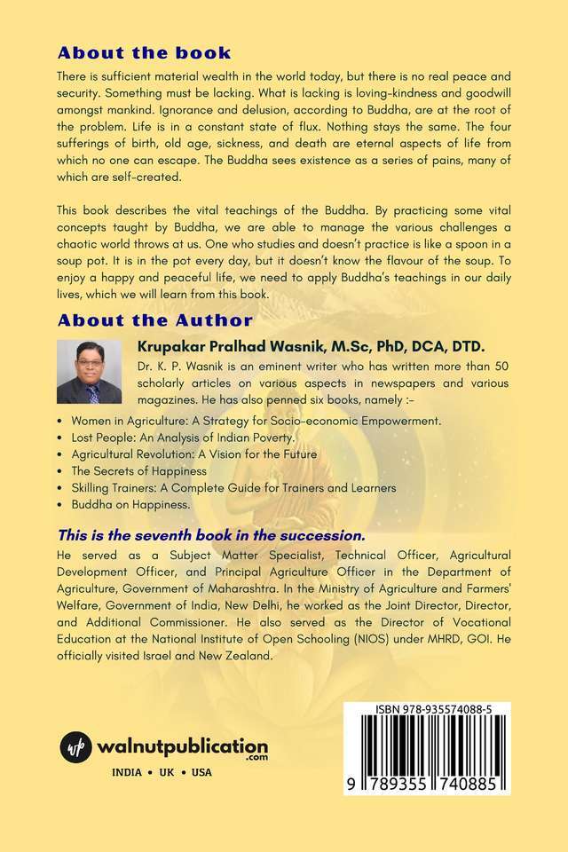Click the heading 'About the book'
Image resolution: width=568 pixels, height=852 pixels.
point(143,52)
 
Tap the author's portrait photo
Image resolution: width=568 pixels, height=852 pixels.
point(89,370)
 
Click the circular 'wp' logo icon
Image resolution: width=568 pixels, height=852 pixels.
point(76,748)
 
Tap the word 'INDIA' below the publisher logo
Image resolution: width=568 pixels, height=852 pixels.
point(128,773)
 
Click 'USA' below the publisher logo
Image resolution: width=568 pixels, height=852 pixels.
point(201,773)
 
